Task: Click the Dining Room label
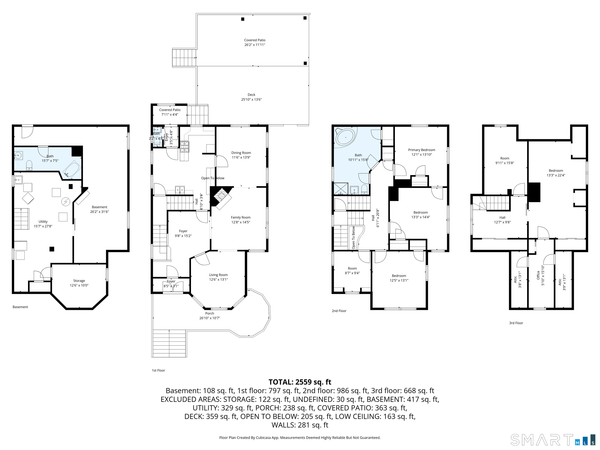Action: [x=241, y=153]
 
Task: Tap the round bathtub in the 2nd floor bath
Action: [x=345, y=137]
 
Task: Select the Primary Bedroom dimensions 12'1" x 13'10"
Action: [x=421, y=155]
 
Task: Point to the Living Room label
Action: [x=218, y=275]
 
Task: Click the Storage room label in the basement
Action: [x=79, y=281]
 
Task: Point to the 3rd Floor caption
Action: [x=516, y=323]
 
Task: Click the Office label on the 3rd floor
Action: [x=538, y=275]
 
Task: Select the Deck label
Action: [x=251, y=95]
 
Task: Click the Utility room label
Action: [x=43, y=222]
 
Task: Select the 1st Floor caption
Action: [x=158, y=370]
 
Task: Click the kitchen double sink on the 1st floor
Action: [x=179, y=189]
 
